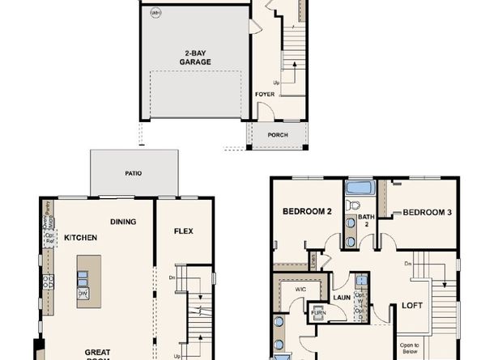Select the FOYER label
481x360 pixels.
(x=264, y=94)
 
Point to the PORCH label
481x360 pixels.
(x=277, y=135)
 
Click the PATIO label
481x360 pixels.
(x=134, y=172)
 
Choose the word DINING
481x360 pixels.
(x=122, y=222)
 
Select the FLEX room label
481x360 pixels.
(x=183, y=231)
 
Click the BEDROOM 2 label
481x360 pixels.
(x=308, y=212)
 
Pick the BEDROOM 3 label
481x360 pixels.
(x=426, y=213)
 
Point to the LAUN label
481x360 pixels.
(x=339, y=284)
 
